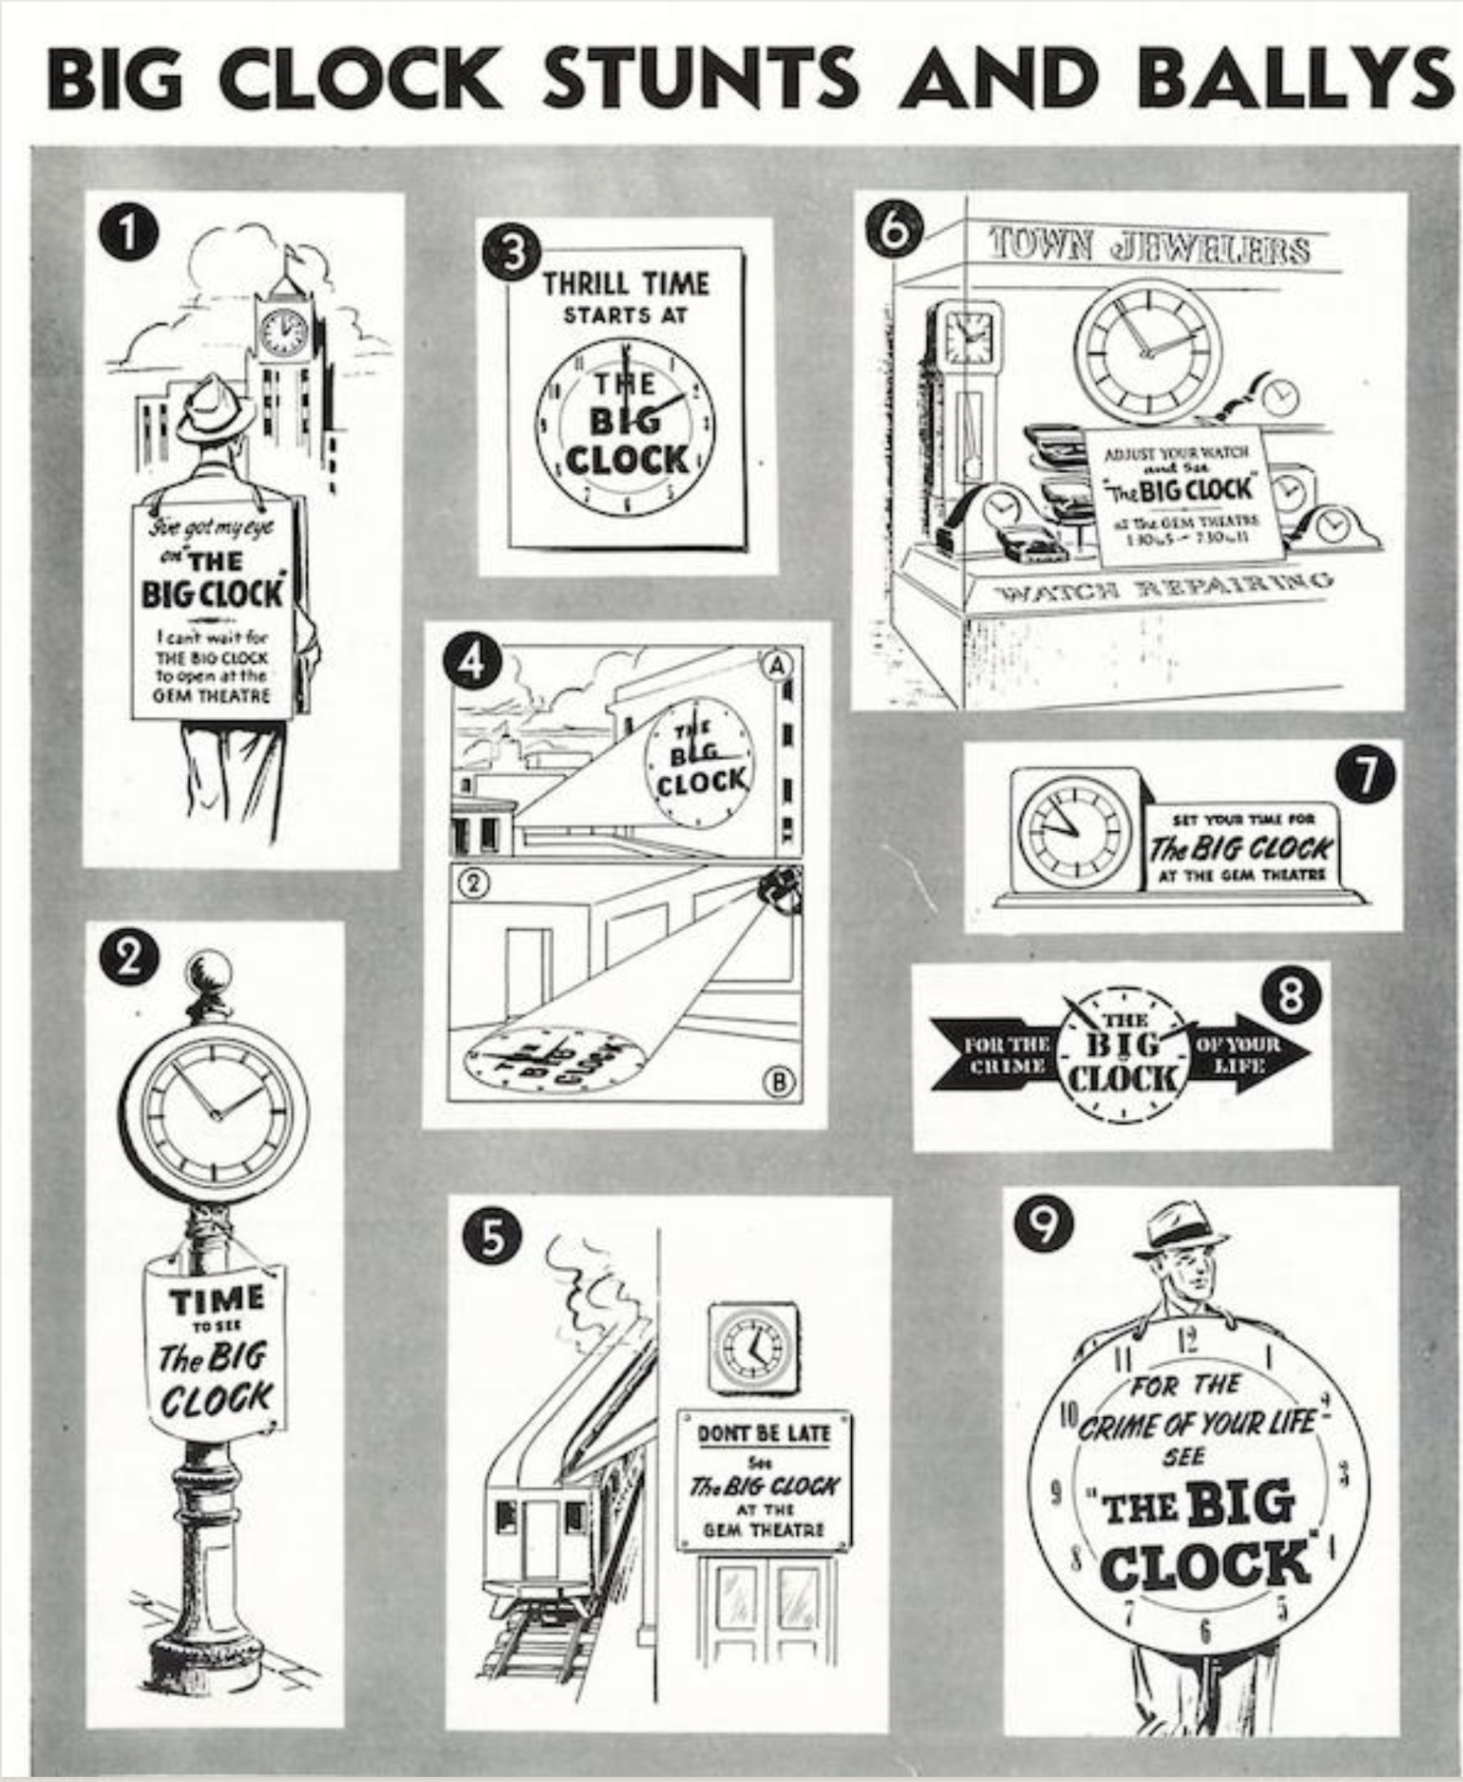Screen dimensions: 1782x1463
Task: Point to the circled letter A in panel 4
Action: [x=777, y=663]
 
